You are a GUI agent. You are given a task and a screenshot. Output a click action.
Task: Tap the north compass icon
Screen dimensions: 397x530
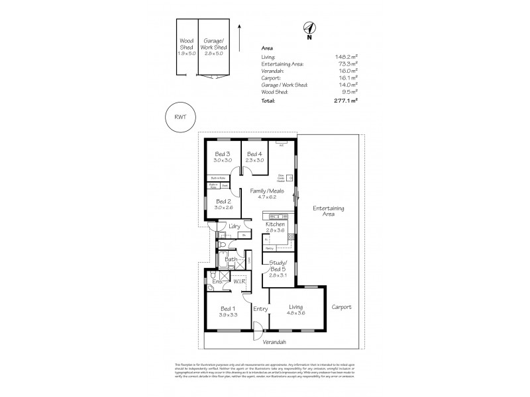coord(309,28)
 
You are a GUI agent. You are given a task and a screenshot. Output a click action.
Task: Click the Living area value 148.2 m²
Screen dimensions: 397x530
coord(347,58)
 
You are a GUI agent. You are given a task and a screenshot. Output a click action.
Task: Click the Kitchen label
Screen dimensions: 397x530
coord(274,225)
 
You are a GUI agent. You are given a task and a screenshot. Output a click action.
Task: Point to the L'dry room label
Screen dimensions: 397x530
coord(234,227)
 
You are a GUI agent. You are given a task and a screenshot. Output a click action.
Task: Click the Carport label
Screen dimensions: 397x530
coord(341,308)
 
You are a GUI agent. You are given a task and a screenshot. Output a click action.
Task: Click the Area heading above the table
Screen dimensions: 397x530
coord(268,48)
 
